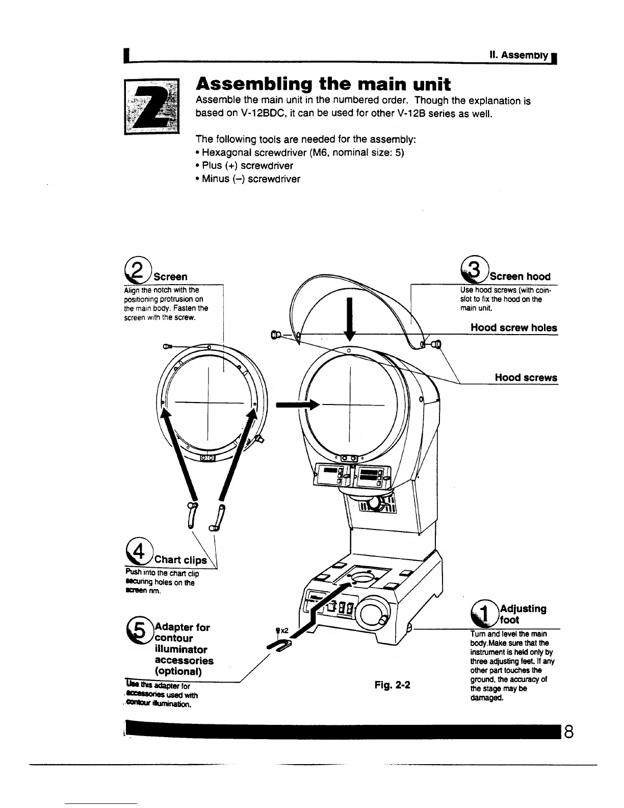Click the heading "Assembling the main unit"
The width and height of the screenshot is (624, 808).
click(x=324, y=84)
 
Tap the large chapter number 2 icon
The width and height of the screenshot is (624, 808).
click(x=152, y=106)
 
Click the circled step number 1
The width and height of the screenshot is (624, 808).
click(x=484, y=613)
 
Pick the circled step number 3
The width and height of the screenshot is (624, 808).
click(x=473, y=269)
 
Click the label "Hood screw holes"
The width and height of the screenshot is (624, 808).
click(x=513, y=328)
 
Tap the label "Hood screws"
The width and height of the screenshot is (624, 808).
click(x=526, y=378)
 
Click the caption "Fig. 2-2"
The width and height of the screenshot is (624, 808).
click(x=392, y=685)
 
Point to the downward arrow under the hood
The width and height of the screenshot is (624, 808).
click(x=350, y=320)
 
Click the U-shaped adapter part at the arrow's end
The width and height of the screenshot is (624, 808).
click(x=278, y=647)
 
